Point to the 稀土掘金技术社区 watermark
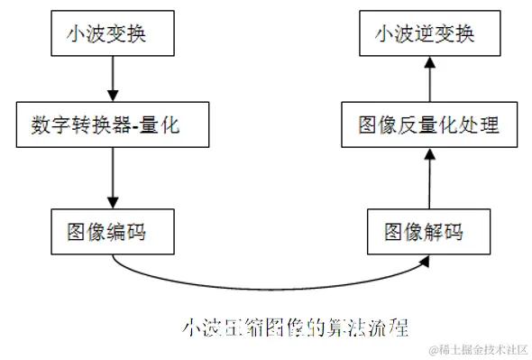(478, 348)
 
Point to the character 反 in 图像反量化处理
(412, 125)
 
